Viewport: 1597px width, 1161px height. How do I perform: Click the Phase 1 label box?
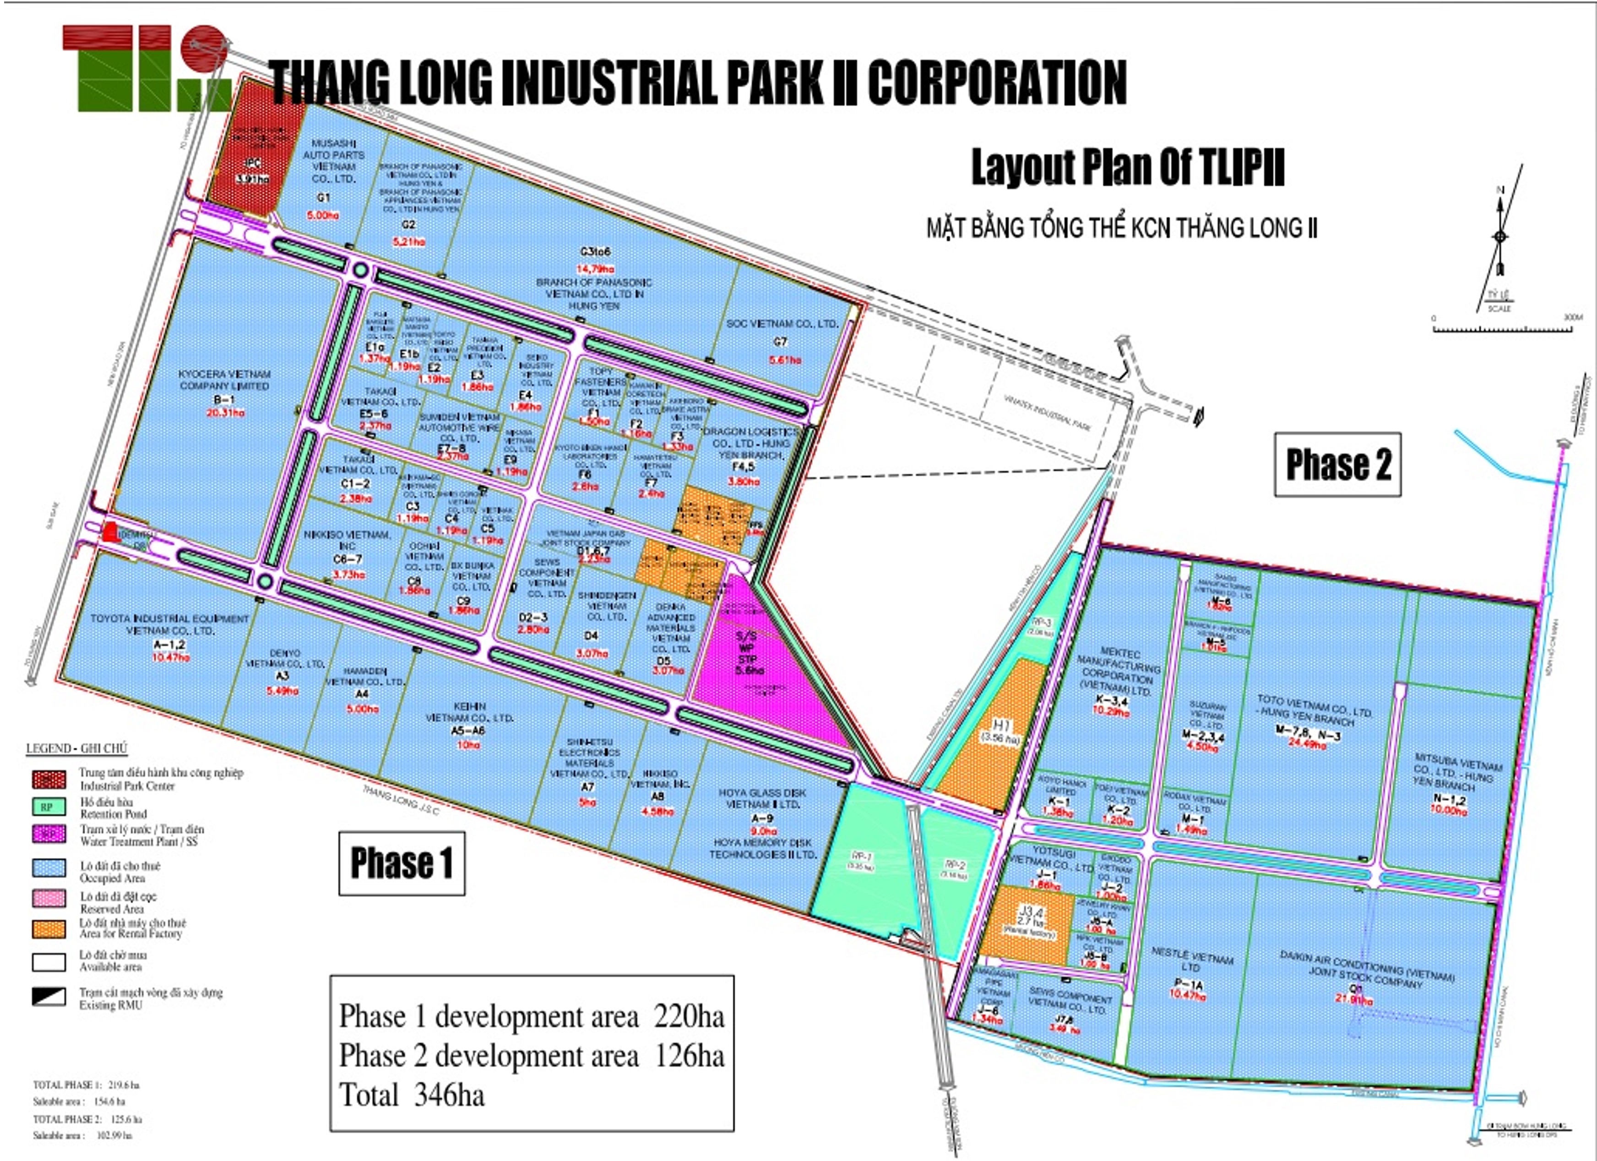(402, 863)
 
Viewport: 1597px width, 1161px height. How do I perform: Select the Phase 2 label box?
(1337, 465)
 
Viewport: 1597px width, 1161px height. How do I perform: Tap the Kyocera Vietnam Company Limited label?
(224, 380)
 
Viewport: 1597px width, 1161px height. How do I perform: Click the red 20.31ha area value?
(225, 412)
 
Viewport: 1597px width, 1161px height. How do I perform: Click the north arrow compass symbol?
(1500, 236)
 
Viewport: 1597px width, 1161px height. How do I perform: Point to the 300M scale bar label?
(1572, 318)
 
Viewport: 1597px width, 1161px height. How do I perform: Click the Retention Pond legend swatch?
(49, 807)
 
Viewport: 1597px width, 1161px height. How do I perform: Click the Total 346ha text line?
(412, 1096)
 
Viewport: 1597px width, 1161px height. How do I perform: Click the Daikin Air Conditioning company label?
(1366, 968)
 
